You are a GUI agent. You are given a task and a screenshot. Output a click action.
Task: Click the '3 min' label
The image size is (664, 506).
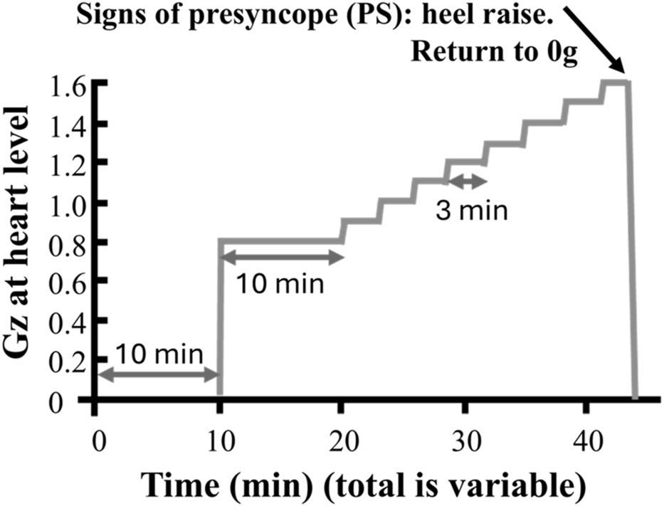click(472, 211)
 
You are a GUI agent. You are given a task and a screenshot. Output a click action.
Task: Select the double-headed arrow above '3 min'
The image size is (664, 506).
click(467, 182)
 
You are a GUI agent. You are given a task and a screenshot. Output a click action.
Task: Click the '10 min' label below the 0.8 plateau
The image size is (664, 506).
click(279, 285)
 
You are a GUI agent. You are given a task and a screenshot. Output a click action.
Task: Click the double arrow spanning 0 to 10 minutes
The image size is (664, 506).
click(158, 375)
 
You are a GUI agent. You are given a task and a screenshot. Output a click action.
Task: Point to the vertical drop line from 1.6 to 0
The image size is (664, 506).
click(631, 242)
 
